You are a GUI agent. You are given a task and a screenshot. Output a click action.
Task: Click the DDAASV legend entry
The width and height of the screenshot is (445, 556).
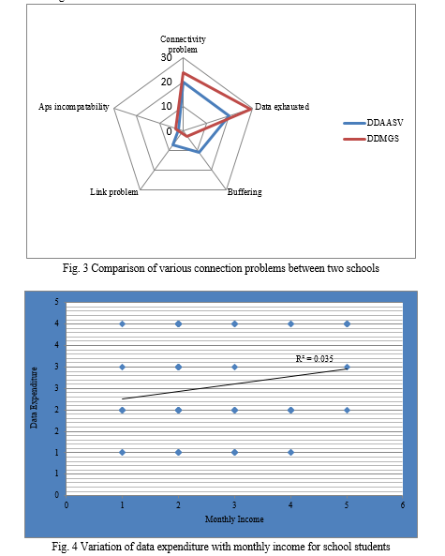tap(373, 123)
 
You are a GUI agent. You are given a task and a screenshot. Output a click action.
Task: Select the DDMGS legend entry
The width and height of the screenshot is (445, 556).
tap(371, 139)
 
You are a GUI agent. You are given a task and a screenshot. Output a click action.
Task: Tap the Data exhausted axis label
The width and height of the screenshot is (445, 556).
tap(282, 107)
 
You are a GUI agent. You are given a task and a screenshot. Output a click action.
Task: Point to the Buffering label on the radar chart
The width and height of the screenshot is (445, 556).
tap(245, 192)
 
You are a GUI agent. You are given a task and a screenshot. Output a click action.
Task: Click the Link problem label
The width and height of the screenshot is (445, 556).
tap(114, 192)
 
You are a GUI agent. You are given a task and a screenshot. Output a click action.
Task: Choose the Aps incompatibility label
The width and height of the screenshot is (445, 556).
tap(74, 107)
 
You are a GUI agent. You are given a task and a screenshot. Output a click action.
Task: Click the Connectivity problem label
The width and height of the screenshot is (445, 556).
tap(183, 44)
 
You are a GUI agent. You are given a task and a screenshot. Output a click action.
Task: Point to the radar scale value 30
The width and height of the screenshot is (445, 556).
tap(166, 57)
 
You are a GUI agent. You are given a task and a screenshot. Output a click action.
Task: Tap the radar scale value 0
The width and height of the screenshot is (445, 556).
tap(169, 131)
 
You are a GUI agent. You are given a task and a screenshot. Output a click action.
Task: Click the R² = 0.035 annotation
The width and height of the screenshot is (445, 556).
tap(314, 359)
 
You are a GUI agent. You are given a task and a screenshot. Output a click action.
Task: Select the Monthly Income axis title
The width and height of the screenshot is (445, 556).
tap(234, 519)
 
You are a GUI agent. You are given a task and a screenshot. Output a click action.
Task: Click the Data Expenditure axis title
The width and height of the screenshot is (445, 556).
tap(34, 398)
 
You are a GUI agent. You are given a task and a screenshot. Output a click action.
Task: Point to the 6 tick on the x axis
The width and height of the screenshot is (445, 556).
tap(403, 505)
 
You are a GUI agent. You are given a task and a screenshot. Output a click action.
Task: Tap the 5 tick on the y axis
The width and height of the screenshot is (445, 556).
tap(57, 302)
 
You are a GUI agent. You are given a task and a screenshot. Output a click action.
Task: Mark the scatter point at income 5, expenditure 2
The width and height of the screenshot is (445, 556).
tap(347, 411)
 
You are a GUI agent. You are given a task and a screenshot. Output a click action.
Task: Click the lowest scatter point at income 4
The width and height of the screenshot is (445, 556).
tap(290, 453)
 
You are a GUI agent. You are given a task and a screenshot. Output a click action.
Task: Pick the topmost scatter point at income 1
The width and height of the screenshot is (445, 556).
tap(122, 323)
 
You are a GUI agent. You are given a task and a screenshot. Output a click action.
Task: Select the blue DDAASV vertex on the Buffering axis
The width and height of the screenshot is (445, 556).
tap(200, 153)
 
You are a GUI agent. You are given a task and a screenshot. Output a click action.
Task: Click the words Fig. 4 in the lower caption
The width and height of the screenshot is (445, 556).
tap(65, 547)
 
